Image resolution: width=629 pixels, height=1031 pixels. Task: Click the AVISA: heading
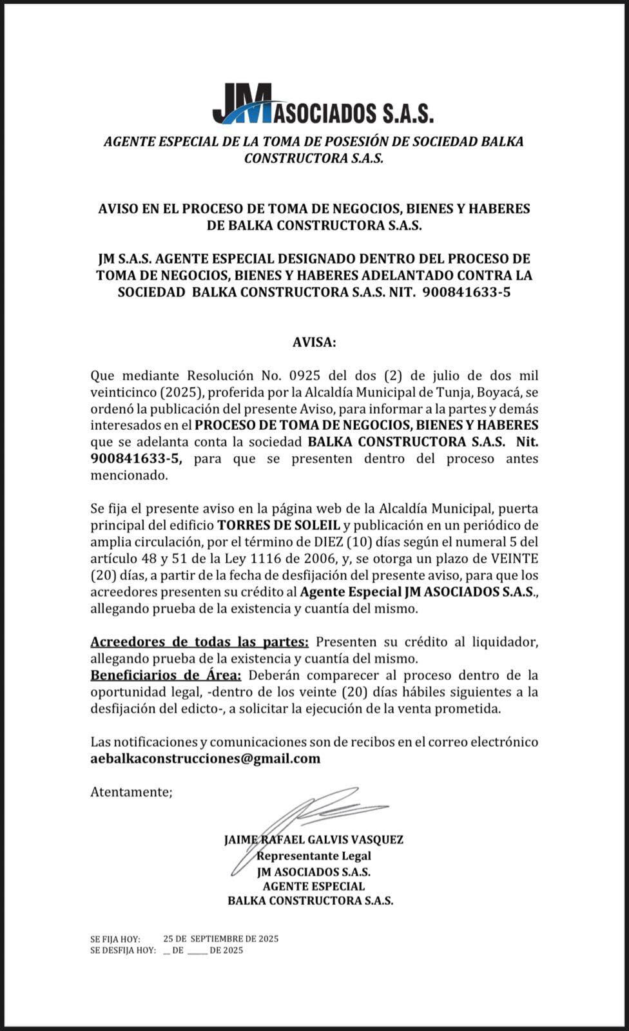point(314,342)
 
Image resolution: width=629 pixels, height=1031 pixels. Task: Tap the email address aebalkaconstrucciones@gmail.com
point(205,758)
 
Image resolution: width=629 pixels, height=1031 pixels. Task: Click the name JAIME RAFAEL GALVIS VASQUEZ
point(314,840)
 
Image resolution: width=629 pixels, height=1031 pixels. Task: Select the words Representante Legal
point(314,856)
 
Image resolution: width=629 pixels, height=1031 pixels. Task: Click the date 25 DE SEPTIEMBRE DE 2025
point(221,939)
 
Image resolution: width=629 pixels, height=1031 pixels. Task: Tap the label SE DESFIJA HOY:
point(123,950)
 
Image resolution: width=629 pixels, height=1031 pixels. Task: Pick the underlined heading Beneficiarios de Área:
point(166,675)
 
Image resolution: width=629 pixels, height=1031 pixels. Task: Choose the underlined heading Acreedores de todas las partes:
point(199,642)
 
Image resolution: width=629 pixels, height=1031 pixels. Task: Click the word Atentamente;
point(131,792)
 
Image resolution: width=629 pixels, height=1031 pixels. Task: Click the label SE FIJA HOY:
point(115,939)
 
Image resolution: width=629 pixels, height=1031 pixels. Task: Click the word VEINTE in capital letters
point(515,558)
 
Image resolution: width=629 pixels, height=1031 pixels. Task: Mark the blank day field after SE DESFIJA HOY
point(168,951)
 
